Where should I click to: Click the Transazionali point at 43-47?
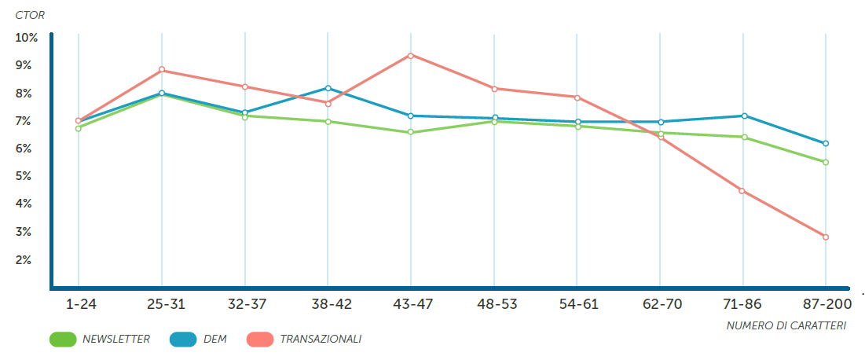[411, 56]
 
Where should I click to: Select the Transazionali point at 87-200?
[826, 237]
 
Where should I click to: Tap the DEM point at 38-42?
[328, 88]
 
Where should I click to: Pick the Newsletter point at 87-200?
[826, 163]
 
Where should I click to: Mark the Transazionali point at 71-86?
[742, 191]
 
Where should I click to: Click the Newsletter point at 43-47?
[411, 132]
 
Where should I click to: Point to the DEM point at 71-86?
[742, 116]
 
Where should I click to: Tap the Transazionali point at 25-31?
[162, 70]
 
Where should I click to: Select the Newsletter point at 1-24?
[79, 128]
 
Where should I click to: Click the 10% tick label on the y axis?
[26, 38]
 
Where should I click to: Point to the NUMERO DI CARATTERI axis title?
[786, 325]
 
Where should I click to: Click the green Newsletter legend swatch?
[62, 340]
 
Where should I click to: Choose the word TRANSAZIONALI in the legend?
[321, 340]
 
